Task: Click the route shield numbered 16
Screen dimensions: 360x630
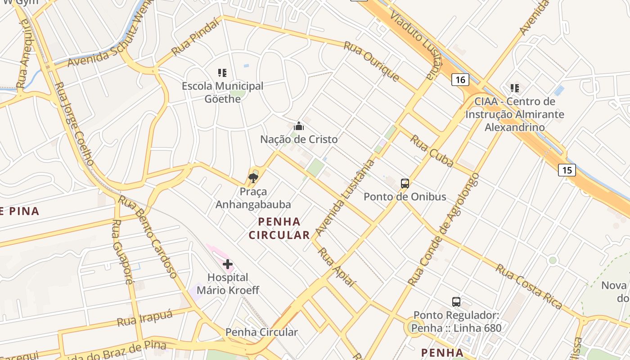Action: click(x=460, y=80)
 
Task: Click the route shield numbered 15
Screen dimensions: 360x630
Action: click(x=567, y=170)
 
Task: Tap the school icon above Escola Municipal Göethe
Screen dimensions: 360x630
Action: click(x=222, y=72)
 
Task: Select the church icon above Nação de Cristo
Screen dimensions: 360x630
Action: click(x=299, y=126)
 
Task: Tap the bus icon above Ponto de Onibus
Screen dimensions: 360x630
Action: click(x=405, y=183)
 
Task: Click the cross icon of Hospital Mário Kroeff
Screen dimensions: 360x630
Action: click(x=228, y=264)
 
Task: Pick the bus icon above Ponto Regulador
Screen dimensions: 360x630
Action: click(x=456, y=301)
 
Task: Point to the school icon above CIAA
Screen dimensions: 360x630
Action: click(x=514, y=88)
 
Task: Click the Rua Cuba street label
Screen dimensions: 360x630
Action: click(x=431, y=151)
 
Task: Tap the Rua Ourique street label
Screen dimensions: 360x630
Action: click(x=371, y=61)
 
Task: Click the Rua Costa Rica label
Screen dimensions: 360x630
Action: click(x=529, y=287)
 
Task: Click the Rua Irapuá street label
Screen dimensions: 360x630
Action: click(x=145, y=319)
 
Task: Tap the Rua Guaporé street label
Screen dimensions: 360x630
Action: click(x=123, y=252)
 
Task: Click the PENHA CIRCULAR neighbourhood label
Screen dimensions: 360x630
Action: click(x=279, y=228)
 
